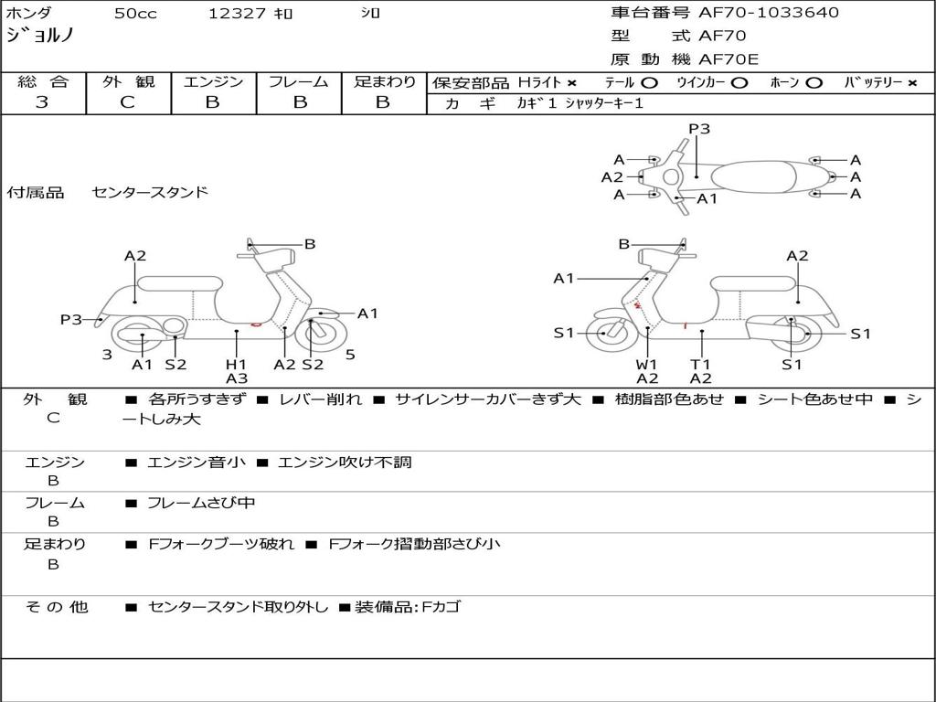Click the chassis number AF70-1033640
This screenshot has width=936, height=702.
pos(756,13)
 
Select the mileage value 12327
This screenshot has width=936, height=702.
pos(237,14)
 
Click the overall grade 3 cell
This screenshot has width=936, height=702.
pos(42,102)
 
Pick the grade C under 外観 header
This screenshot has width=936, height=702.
pos(127,102)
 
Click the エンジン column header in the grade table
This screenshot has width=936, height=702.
pos(213,81)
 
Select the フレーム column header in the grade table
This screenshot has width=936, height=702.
pos(298,81)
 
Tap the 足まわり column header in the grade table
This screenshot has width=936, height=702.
pos(384,81)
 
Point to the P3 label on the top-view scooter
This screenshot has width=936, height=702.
pos(699,129)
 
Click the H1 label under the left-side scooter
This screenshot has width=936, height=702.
pos(236,364)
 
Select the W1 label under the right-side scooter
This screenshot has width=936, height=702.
pos(647,364)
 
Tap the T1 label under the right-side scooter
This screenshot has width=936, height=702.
pos(701,364)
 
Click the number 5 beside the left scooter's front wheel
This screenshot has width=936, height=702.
pos(350,355)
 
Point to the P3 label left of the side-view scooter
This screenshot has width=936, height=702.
pos(71,319)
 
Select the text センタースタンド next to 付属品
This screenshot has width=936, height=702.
pos(150,192)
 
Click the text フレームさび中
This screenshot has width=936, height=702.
pos(201,503)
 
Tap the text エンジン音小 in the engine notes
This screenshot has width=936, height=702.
pos(196,463)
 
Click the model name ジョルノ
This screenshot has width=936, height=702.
pos(39,37)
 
